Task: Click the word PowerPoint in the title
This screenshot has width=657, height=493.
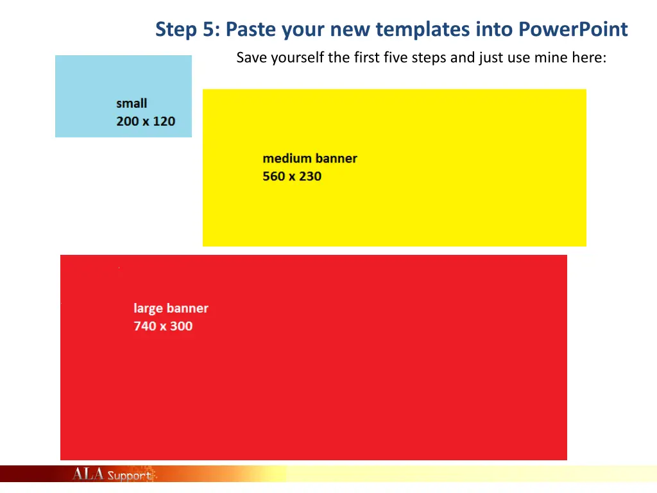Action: [573, 30]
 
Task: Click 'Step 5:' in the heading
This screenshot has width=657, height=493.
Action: [188, 30]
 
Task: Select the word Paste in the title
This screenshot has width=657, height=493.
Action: [248, 30]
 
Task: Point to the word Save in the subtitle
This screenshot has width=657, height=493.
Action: [252, 58]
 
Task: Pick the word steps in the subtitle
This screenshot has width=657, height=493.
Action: [432, 58]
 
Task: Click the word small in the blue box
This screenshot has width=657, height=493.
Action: [132, 103]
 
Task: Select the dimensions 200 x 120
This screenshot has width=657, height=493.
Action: [146, 121]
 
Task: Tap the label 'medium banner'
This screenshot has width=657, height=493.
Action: [310, 159]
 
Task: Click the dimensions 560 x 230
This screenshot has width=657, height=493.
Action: [292, 176]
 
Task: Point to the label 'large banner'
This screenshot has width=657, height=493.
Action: [171, 308]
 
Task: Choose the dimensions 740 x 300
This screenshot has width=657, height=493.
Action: [163, 326]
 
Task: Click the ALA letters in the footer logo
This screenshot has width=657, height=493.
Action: [88, 474]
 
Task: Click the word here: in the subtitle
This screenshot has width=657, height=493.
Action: [588, 58]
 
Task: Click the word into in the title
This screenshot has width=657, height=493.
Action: [493, 30]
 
